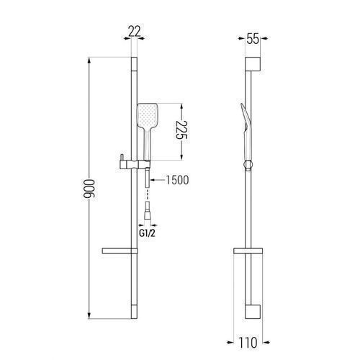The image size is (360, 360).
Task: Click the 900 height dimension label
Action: click(89, 189)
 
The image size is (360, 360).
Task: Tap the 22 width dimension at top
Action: click(134, 32)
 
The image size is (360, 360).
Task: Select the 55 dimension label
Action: click(253, 39)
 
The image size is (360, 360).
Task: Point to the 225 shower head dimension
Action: click(181, 130)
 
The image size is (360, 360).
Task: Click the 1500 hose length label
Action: click(177, 180)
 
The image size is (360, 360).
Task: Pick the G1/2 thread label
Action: click(147, 233)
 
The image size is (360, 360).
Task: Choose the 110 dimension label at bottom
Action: click(248, 343)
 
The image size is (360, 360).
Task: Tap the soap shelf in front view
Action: click(120, 251)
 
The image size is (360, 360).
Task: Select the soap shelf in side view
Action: click(248, 251)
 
